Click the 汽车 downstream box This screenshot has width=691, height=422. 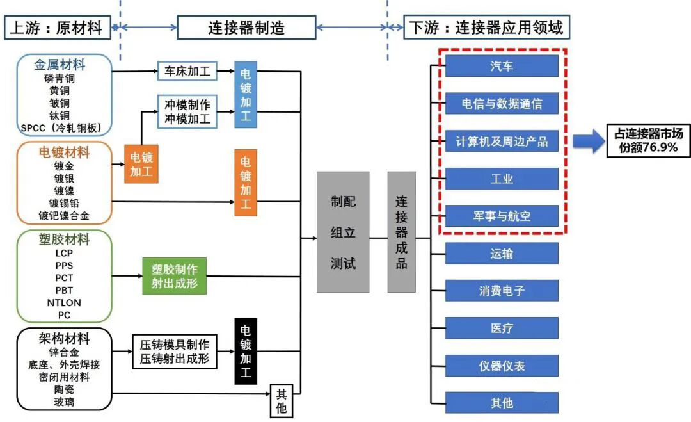[502, 66]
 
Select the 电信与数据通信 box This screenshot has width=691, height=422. [502, 103]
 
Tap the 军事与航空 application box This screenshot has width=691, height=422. [502, 216]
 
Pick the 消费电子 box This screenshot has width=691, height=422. [502, 291]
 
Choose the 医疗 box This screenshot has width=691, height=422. [502, 329]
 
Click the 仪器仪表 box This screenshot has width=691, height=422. [502, 366]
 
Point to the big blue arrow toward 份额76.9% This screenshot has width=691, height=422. [588, 140]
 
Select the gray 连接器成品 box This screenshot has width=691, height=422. [401, 232]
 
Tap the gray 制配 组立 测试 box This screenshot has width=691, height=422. [343, 232]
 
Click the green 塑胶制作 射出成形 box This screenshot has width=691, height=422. [175, 276]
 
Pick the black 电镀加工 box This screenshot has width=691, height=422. [246, 350]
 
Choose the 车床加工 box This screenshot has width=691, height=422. [187, 71]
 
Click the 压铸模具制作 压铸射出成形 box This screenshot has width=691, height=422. [174, 352]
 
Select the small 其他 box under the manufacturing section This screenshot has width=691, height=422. [281, 401]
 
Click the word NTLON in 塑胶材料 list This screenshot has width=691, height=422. [64, 303]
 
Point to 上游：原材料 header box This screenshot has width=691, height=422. [57, 28]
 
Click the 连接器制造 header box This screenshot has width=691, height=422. [246, 28]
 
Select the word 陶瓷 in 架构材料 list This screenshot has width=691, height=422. [64, 389]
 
